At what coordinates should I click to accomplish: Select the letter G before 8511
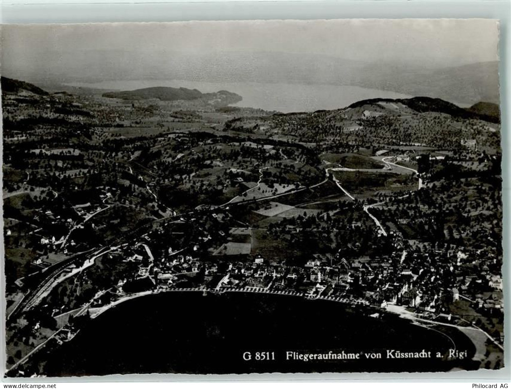point(246,356)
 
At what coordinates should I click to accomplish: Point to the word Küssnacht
point(407,355)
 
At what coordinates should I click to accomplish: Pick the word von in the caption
point(373,356)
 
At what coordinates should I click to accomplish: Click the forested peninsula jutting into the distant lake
point(165,94)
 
